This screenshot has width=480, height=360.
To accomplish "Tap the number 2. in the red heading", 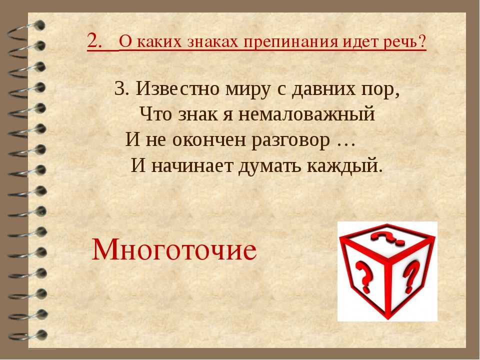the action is coord(94,40).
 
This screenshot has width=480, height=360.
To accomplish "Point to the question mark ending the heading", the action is coord(422,41).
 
